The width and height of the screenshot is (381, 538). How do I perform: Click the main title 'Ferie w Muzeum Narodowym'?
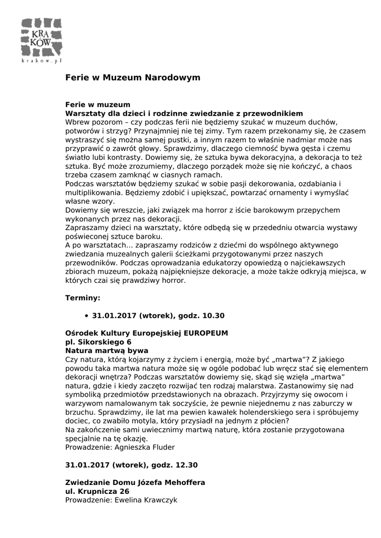pos(133,78)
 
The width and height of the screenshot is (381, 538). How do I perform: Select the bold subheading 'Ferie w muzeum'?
pos(98,105)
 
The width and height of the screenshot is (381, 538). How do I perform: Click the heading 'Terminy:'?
pos(83,298)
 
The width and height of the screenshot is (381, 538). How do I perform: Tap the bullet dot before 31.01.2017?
pos(86,316)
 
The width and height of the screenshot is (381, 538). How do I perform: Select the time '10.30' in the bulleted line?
pos(213,316)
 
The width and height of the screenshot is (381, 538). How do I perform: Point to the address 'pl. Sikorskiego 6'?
pos(98,342)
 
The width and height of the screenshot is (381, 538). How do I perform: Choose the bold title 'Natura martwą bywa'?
pos(107,350)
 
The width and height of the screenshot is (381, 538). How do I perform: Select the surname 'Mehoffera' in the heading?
pos(185,482)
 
